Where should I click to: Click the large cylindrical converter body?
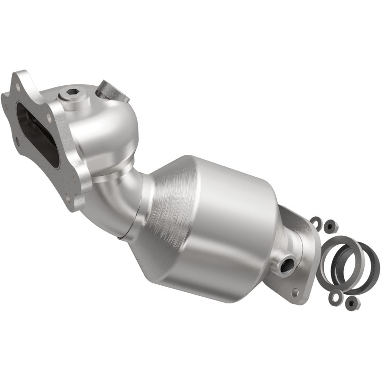point(224,210)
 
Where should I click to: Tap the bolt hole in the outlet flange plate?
point(296,292)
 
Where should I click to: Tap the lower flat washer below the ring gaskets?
point(333,297)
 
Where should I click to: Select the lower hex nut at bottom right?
point(351,302)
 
